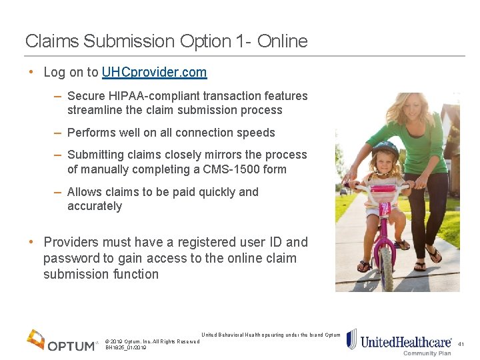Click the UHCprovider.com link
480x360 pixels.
(x=154, y=72)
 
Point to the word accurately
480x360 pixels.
(x=95, y=207)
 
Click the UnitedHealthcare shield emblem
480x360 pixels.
(x=351, y=339)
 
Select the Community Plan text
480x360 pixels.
(x=427, y=353)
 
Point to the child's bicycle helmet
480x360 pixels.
(x=385, y=150)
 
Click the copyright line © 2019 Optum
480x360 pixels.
(x=152, y=341)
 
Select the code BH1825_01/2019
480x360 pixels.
(x=126, y=348)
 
